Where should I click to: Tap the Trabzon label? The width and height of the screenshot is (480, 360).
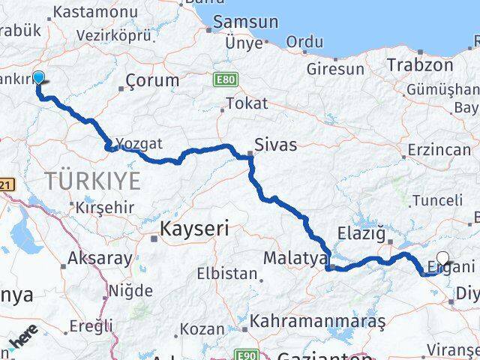click(420, 65)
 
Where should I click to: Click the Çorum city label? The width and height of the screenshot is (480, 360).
click(152, 80)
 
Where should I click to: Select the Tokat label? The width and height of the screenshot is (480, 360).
click(246, 104)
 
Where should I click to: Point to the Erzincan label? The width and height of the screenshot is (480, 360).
click(439, 150)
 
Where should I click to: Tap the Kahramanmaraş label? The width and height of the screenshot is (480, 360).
click(318, 321)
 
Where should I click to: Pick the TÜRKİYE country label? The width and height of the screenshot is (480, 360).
click(92, 181)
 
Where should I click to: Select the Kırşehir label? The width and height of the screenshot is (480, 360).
click(104, 208)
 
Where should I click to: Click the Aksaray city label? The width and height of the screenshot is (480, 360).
click(100, 259)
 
